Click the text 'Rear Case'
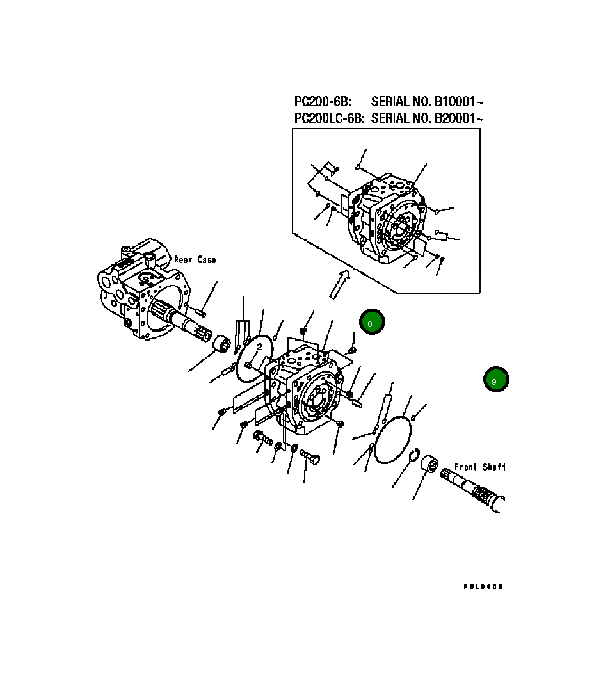(195, 260)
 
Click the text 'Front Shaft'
(480, 467)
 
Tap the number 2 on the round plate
(259, 347)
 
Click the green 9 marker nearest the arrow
(371, 323)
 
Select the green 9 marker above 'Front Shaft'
(495, 380)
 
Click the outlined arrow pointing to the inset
(338, 284)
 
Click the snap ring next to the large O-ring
(413, 456)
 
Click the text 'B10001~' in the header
(459, 102)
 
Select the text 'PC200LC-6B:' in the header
(329, 118)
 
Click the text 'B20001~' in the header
(459, 118)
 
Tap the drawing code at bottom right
(483, 586)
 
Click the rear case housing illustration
(138, 288)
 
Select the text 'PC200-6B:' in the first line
(323, 102)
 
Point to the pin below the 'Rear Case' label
(200, 312)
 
